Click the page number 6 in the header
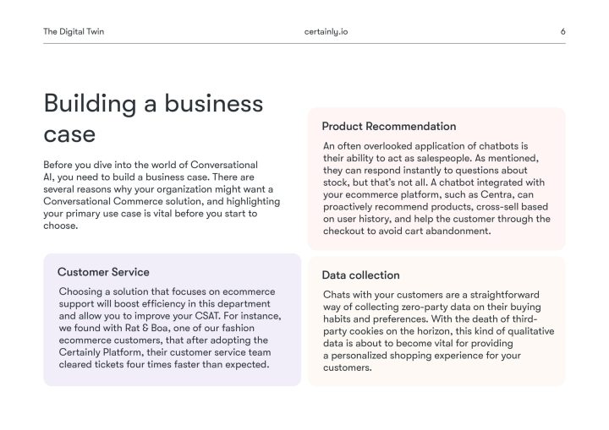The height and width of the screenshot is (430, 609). point(562,32)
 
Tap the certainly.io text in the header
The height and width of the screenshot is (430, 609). point(326,32)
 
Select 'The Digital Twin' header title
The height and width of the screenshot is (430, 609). point(74,32)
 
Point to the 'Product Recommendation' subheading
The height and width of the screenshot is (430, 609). point(388,127)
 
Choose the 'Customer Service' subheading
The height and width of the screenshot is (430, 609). point(103,272)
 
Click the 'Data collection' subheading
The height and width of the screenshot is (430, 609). point(360,275)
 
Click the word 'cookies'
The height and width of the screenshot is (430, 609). point(374,331)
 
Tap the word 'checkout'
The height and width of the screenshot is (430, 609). point(347,231)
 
